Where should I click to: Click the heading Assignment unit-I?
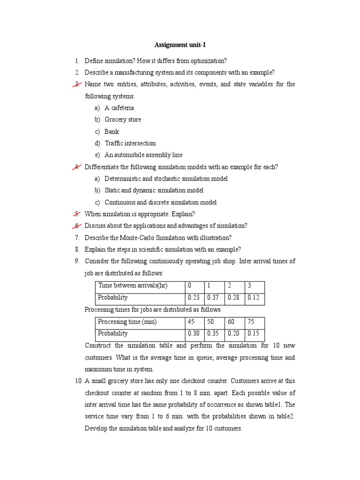(x=180, y=45)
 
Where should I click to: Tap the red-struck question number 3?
(x=77, y=84)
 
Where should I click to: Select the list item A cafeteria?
(x=119, y=108)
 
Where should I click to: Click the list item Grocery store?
(x=122, y=120)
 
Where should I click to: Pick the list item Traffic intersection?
(x=130, y=143)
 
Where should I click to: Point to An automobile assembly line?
(x=143, y=155)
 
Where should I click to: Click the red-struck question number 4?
(x=77, y=167)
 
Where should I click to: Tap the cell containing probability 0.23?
(x=194, y=298)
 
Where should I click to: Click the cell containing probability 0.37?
(x=213, y=298)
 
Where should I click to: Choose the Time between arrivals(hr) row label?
(x=133, y=285)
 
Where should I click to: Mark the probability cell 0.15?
(x=254, y=334)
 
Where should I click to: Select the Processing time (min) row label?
(x=127, y=322)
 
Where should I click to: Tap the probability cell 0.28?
(x=233, y=298)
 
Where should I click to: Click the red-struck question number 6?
(x=77, y=226)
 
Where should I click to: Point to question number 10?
(x=78, y=381)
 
